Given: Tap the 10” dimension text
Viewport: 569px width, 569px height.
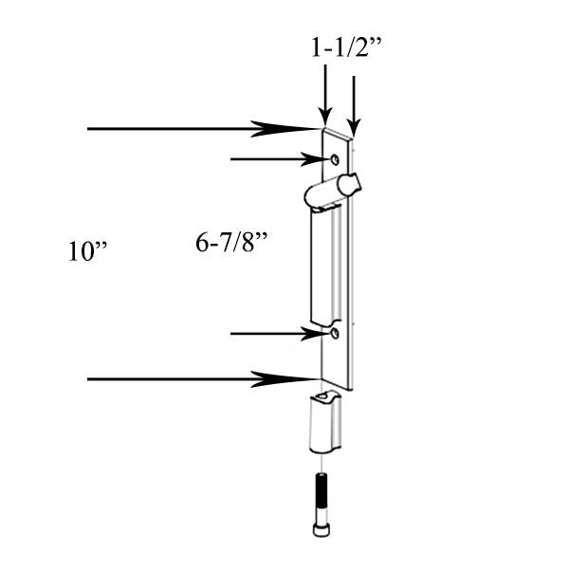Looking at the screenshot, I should (88, 251).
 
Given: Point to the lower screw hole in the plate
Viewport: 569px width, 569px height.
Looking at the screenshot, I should (334, 334).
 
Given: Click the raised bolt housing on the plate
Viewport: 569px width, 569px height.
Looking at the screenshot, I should (325, 266).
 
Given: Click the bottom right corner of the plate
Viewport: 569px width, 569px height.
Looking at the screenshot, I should (353, 388).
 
